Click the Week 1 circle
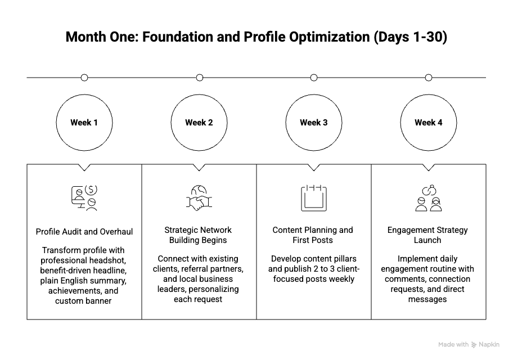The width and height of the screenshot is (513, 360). click(x=84, y=123)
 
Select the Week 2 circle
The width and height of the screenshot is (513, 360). click(x=199, y=123)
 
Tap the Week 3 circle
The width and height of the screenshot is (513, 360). click(x=314, y=123)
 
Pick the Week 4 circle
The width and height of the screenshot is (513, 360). click(x=429, y=123)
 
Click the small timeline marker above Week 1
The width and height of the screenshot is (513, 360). click(x=84, y=78)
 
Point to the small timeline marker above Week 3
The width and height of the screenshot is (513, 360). click(x=314, y=78)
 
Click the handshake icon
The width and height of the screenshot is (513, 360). click(x=199, y=198)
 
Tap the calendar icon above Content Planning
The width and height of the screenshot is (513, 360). click(x=313, y=198)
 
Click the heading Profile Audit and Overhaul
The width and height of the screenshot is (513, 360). click(x=84, y=232)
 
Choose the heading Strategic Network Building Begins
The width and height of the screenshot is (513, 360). click(x=198, y=235)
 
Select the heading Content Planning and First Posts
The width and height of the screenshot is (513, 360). click(x=313, y=235)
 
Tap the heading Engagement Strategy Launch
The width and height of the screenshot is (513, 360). click(x=427, y=235)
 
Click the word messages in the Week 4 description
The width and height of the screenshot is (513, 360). click(x=427, y=299)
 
